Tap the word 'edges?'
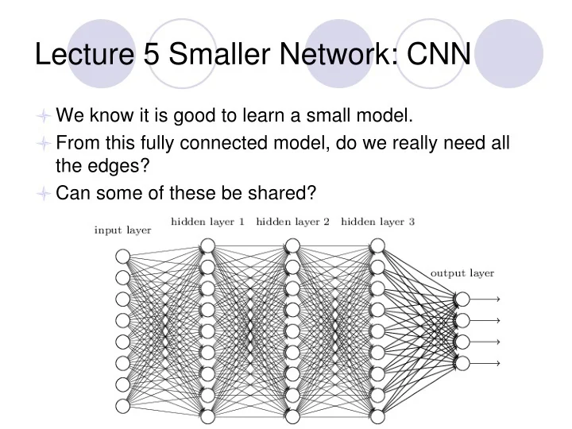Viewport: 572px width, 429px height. (x=115, y=168)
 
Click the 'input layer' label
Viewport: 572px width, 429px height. (x=122, y=230)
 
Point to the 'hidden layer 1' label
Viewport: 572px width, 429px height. (x=207, y=222)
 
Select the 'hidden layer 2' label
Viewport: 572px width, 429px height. (x=292, y=222)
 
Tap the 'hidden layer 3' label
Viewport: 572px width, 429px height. (x=377, y=222)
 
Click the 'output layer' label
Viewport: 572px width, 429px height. (x=462, y=273)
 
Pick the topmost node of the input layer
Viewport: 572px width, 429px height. (x=122, y=256)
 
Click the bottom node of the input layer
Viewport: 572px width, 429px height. (x=122, y=406)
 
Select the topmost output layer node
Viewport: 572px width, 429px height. (x=462, y=299)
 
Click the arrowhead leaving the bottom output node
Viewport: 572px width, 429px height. (x=497, y=363)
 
